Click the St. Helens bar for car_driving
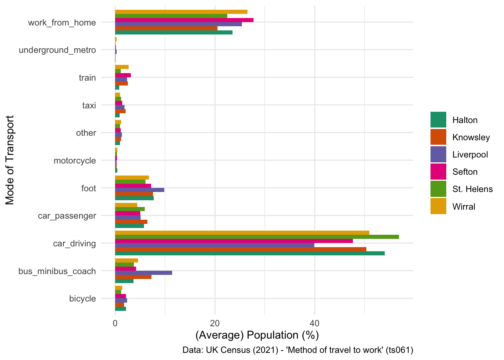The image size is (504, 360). point(257,237)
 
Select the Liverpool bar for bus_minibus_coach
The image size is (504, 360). point(144,273)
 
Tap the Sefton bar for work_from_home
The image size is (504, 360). point(184,20)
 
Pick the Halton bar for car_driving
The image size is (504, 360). point(250,253)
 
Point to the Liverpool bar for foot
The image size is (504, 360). point(139,190)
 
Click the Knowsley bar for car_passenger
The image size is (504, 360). point(131,222)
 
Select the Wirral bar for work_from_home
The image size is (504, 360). point(181,12)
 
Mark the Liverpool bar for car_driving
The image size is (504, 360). point(214,245)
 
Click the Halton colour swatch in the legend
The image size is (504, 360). point(438,120)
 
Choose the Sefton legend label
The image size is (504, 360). point(465,172)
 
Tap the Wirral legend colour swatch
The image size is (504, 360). point(438,207)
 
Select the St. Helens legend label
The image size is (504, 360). point(472,189)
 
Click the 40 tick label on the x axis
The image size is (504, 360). point(314,323)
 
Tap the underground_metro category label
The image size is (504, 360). point(57,50)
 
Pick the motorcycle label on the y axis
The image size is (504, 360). point(75,160)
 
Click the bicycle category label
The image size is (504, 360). point(82,298)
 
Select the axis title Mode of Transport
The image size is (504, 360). point(10,160)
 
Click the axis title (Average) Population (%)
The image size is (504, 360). point(257,335)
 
